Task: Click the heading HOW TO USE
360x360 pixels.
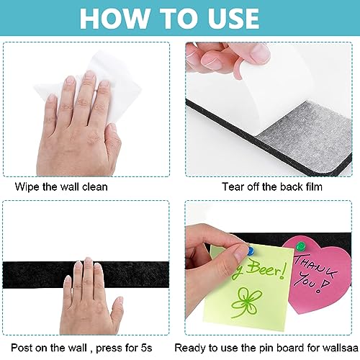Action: pyautogui.click(x=180, y=18)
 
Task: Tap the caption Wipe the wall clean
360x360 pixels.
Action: pyautogui.click(x=61, y=186)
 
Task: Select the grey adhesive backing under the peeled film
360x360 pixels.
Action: pyautogui.click(x=274, y=137)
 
